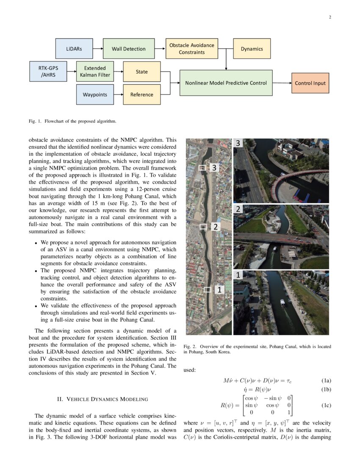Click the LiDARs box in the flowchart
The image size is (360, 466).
point(74,49)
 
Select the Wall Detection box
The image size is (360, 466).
point(128,49)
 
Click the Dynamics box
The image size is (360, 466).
point(252,49)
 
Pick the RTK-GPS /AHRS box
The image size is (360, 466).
point(48,72)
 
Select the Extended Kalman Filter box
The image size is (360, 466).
point(95,72)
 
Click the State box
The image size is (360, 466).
point(142,72)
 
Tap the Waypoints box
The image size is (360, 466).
point(95,94)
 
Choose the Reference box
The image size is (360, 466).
point(142,94)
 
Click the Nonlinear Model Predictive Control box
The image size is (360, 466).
point(226,83)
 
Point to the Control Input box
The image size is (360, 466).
point(310,83)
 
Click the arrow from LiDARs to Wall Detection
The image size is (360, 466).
point(98,49)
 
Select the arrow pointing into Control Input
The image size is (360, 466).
point(282,83)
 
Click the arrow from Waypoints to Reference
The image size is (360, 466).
point(118,94)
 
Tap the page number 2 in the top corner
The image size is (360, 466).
point(330,17)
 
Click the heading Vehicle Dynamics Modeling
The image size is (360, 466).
point(102,399)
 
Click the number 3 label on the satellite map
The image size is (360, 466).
point(214,168)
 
